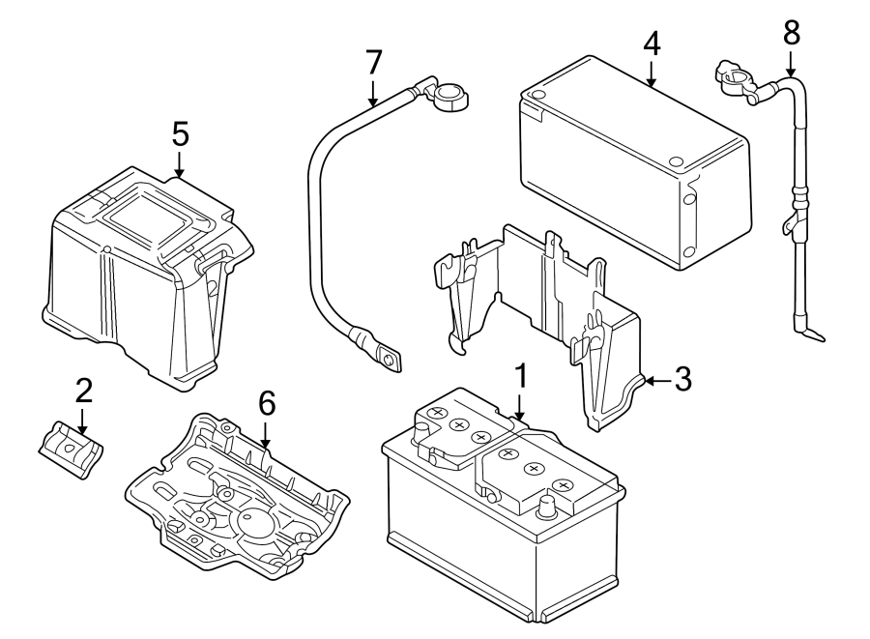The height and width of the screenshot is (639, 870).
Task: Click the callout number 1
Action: click(x=520, y=375)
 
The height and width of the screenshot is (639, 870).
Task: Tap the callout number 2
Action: click(x=83, y=391)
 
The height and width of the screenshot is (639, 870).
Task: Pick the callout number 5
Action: click(x=180, y=133)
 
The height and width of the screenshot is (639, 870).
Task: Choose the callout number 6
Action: click(x=266, y=403)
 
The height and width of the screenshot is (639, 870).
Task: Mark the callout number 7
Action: click(x=374, y=62)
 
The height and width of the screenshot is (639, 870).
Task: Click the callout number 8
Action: click(x=792, y=33)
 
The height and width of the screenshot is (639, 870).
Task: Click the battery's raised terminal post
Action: click(x=548, y=505)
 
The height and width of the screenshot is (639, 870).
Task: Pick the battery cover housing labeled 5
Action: click(x=135, y=280)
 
